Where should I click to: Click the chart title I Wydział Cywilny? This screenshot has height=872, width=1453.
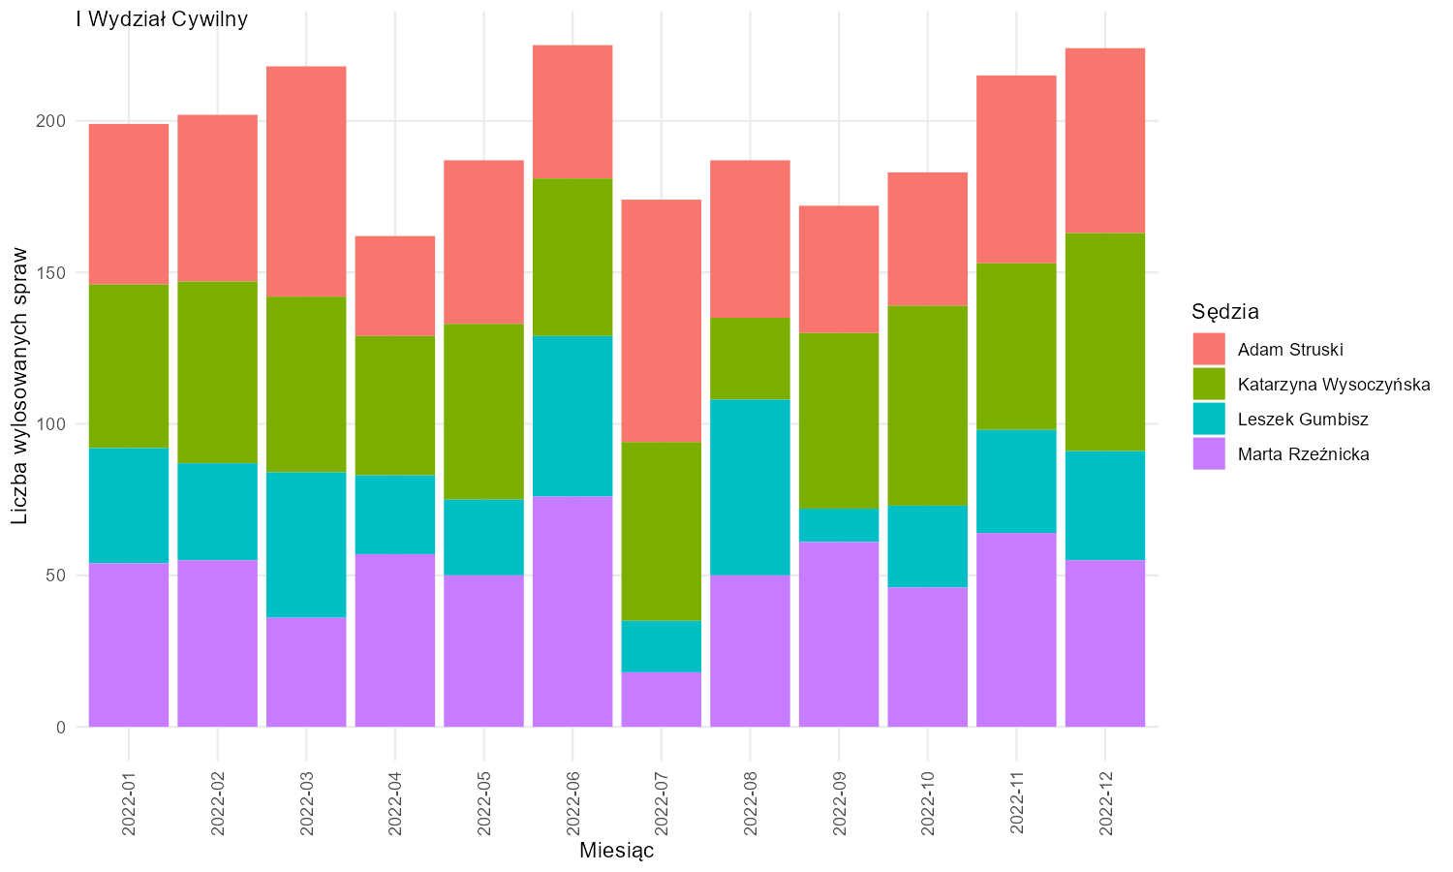pos(162,19)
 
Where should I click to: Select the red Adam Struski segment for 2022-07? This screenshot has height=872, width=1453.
pos(661,321)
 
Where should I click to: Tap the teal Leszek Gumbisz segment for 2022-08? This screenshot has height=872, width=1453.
pos(750,486)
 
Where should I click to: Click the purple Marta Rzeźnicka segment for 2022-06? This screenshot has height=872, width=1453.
pos(572,611)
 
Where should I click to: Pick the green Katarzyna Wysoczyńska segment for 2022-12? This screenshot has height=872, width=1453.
pos(1104,342)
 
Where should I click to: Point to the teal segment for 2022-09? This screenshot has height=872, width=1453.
pos(839,525)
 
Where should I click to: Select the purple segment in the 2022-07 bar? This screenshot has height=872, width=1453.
pos(661,700)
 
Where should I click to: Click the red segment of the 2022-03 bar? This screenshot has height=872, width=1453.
pos(306,182)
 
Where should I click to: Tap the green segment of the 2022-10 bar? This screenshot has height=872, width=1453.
pos(928,406)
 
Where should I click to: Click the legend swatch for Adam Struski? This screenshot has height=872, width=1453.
pos(1209,349)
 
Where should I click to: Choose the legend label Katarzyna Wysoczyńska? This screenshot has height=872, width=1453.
pos(1334,384)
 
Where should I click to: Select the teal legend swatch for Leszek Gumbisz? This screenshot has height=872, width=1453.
pos(1209,419)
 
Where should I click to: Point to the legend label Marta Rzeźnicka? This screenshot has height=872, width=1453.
pos(1303,454)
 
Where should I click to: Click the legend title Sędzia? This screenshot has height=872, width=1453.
pos(1225,312)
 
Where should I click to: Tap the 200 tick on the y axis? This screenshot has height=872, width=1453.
pos(50,121)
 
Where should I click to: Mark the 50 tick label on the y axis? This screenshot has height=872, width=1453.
pos(56,576)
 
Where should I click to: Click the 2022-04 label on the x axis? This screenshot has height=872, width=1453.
pos(395,803)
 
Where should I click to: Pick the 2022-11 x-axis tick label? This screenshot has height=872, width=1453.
pos(1016,803)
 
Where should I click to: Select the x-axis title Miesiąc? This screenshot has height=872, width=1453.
pos(616,851)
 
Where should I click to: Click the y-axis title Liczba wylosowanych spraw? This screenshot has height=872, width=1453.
pos(19,386)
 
